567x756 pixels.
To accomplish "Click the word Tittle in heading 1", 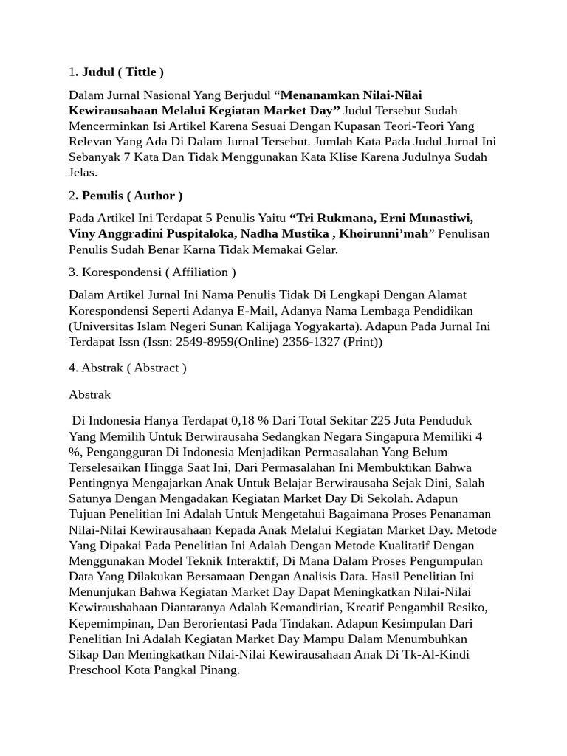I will click(140, 72).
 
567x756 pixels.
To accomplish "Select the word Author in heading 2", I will click(154, 196).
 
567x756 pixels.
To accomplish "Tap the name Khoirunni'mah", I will click(388, 234).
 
